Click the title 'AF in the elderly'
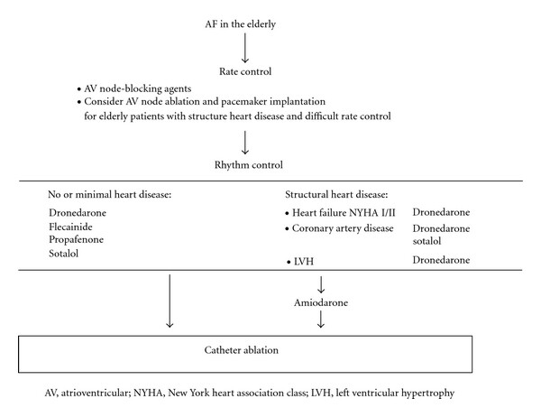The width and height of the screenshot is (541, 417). click(240, 24)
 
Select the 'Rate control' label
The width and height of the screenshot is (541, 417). click(245, 71)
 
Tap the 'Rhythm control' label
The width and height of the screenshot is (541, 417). click(249, 165)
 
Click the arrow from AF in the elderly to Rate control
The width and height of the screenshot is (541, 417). click(245, 48)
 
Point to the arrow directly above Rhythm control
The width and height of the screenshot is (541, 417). click(245, 143)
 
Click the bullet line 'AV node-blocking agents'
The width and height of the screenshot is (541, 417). click(134, 88)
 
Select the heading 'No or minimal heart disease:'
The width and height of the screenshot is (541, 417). click(110, 194)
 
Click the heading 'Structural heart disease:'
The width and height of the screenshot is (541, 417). click(336, 194)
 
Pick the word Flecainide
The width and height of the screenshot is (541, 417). click(70, 227)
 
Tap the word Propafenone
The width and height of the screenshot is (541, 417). click(77, 240)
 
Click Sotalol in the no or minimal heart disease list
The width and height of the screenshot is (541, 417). click(63, 254)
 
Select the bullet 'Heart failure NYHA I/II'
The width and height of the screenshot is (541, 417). click(340, 213)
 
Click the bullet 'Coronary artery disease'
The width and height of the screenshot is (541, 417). click(340, 228)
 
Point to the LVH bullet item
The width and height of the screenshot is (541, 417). click(300, 262)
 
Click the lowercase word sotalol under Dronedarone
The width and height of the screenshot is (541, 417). click(426, 241)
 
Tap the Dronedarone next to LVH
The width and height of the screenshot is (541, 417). click(441, 260)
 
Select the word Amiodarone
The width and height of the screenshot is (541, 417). click(321, 302)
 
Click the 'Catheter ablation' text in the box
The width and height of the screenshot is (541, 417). click(241, 350)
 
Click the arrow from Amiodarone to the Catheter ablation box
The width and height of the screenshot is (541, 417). click(321, 319)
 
